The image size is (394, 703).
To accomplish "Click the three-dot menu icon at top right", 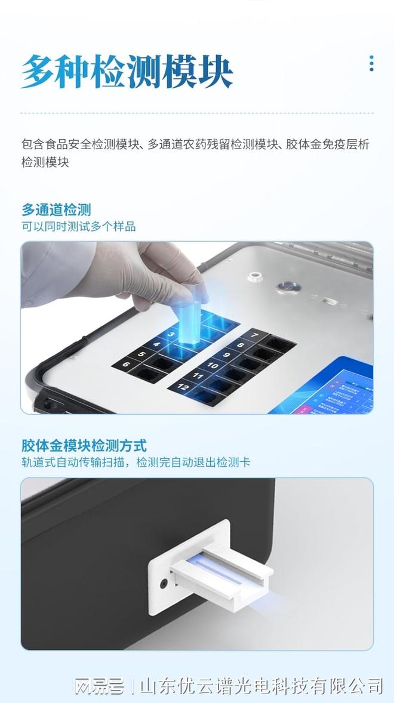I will click(371, 63).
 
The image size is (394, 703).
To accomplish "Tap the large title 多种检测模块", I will click(127, 72).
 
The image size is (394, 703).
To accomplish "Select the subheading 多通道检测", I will click(56, 209).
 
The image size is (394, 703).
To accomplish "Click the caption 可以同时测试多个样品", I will click(79, 227).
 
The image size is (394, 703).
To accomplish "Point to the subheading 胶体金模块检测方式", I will click(84, 445).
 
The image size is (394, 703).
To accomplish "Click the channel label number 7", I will click(254, 335).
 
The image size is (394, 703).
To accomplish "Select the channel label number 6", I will click(125, 363).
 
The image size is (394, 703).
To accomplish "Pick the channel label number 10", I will click(212, 363).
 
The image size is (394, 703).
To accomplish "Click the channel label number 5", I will click(141, 354).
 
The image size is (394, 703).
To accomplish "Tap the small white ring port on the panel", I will click(256, 277).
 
